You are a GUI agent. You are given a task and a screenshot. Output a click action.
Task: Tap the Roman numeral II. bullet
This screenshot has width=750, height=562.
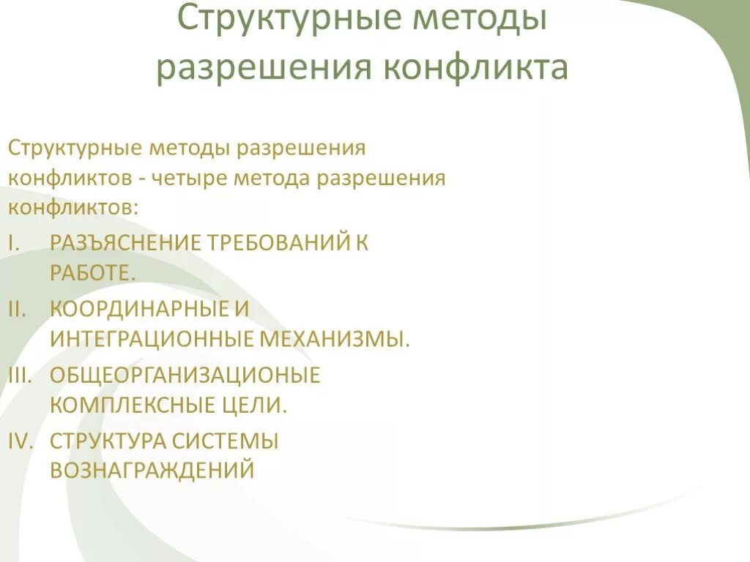17,309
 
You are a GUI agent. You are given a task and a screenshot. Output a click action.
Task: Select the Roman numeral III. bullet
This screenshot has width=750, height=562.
19,375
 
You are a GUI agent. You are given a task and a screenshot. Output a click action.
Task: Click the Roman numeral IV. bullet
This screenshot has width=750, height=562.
19,441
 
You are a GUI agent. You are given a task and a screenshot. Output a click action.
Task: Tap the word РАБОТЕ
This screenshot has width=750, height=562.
93,273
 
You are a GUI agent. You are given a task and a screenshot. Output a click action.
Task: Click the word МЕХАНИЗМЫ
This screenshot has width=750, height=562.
335,339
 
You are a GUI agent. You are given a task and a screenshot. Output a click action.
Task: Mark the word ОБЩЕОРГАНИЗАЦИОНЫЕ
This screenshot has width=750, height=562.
185,375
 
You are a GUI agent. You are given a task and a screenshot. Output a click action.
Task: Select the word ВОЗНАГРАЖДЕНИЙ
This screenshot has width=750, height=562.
152,470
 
